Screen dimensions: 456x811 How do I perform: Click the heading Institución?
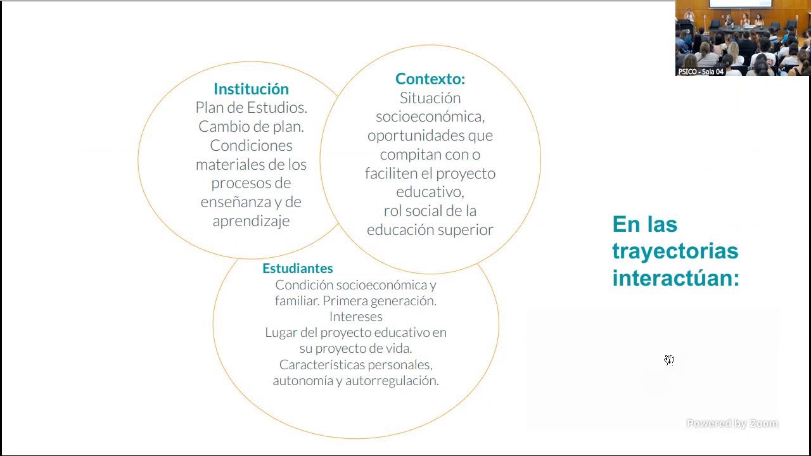click(251, 89)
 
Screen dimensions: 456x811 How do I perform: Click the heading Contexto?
click(430, 79)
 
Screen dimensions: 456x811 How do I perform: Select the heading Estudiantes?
click(297, 268)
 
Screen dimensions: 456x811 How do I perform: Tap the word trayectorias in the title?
click(675, 251)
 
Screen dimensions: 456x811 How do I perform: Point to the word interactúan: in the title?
click(675, 278)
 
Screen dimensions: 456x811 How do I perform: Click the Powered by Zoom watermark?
click(732, 424)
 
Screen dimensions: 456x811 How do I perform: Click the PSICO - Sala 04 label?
click(701, 72)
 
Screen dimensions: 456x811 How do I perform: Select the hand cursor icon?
click(669, 360)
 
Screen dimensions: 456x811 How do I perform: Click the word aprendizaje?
click(251, 220)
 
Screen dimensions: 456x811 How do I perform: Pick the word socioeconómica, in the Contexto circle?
click(430, 117)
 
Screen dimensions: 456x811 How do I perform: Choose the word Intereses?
click(356, 316)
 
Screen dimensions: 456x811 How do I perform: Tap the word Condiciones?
click(251, 145)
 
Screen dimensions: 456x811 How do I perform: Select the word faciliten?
click(390, 173)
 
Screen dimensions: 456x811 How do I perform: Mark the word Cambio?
click(221, 127)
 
